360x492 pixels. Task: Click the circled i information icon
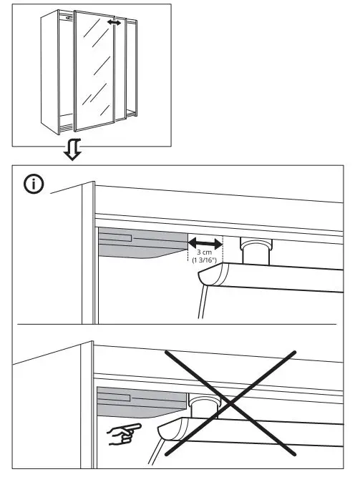pyautogui.click(x=34, y=184)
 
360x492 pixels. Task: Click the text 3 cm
pyautogui.click(x=205, y=252)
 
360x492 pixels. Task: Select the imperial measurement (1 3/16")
pyautogui.click(x=205, y=262)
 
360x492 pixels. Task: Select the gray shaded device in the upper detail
pyautogui.click(x=140, y=243)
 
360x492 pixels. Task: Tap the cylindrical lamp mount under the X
pyautogui.click(x=205, y=406)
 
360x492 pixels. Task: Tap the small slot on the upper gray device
pyautogui.click(x=118, y=237)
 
